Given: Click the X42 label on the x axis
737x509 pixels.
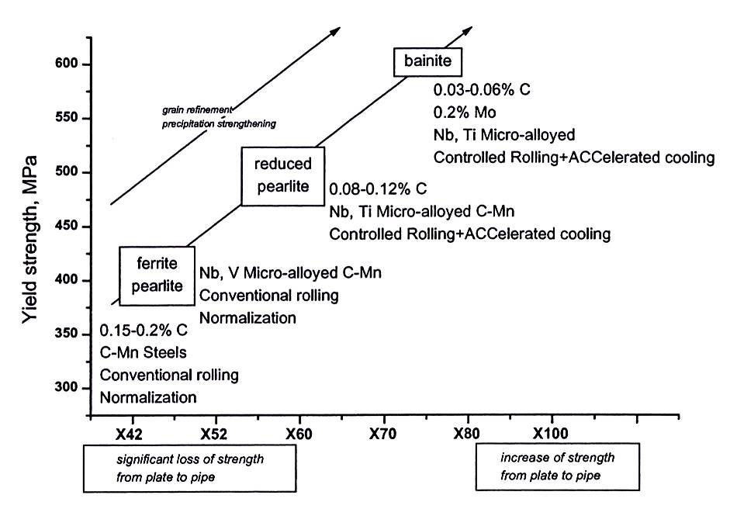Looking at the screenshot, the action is point(129,434).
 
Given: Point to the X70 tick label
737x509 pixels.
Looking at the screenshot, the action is point(382,434).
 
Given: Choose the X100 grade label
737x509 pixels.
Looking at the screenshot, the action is point(550,433).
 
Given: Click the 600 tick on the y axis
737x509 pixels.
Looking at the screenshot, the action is point(65,64).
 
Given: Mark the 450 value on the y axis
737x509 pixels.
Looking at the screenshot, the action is point(65,227).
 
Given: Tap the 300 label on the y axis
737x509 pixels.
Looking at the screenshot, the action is point(65,388).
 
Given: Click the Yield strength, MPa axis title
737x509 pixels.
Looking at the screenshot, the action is point(29,239).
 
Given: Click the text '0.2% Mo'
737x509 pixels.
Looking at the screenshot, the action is point(465,113).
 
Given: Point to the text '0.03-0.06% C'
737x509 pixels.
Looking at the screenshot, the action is point(482,90).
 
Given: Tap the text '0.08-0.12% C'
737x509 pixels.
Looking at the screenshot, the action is point(378,189).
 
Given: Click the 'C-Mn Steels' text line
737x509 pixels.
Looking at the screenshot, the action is point(144,352).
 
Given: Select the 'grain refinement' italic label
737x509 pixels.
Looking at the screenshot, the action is point(197,110).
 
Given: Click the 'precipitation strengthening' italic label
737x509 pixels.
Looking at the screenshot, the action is point(219,124).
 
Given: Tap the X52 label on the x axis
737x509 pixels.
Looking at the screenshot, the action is point(214,434).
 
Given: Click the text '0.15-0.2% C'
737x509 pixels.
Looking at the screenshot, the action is point(144,331).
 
